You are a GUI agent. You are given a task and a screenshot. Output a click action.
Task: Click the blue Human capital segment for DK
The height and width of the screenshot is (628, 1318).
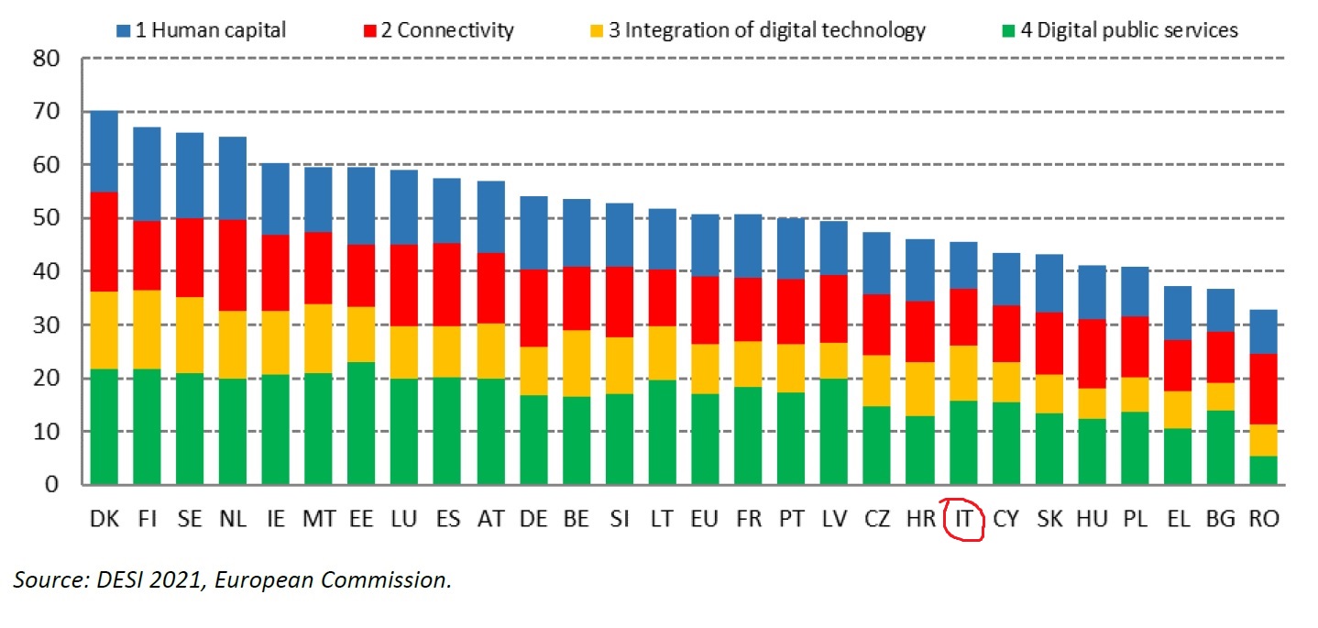point(104,151)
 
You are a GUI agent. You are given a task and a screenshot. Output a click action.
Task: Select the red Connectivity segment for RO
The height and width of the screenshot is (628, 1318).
point(1264,389)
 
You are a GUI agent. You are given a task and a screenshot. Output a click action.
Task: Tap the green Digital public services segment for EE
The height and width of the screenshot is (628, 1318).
point(361,423)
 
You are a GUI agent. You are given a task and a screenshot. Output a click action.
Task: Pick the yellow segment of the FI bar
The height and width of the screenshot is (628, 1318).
point(147,330)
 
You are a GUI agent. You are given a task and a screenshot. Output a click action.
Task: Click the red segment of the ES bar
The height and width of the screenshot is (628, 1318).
point(447,284)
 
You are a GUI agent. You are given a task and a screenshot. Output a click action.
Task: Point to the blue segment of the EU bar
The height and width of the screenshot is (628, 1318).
point(705,245)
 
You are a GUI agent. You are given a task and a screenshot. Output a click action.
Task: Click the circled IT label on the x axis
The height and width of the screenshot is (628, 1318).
point(963,519)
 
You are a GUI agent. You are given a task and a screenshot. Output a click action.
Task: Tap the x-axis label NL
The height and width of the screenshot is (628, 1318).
point(233,519)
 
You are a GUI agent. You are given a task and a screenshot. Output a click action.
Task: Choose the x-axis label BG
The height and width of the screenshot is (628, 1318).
point(1221,519)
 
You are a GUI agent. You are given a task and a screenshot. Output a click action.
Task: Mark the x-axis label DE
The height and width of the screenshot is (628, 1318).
point(533,519)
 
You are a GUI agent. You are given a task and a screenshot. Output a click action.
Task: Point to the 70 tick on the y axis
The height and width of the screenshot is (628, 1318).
point(46,112)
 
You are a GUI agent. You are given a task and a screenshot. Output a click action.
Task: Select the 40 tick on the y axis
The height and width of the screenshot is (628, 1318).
point(46,271)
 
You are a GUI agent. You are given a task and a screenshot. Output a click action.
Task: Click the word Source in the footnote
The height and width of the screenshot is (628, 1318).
point(43,580)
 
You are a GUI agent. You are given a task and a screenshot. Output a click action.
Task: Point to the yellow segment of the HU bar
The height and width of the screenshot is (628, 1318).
point(1092,403)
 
